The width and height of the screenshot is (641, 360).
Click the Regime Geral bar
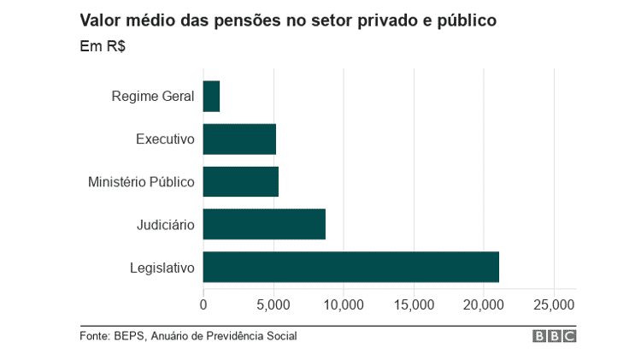point(211,96)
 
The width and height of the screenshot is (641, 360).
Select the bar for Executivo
point(239,139)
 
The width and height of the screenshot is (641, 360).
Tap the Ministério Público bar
point(240,181)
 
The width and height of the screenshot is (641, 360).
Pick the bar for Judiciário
point(264,224)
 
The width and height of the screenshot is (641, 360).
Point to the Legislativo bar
point(350,267)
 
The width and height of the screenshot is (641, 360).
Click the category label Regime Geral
point(153,96)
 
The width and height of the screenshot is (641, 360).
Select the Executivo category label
point(165,139)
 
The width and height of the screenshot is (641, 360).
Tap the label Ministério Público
point(141,181)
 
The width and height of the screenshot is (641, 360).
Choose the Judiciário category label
point(166,224)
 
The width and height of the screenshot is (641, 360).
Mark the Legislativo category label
point(162,268)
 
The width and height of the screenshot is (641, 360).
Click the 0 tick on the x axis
point(203,304)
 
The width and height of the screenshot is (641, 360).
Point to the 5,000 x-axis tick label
point(273,304)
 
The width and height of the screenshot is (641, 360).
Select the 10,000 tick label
point(344,304)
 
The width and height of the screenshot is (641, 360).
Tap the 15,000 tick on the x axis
point(414,304)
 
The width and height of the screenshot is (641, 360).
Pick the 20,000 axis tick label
point(484,304)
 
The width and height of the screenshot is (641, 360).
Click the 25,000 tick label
point(554,304)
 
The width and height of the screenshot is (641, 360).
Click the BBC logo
point(554,336)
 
